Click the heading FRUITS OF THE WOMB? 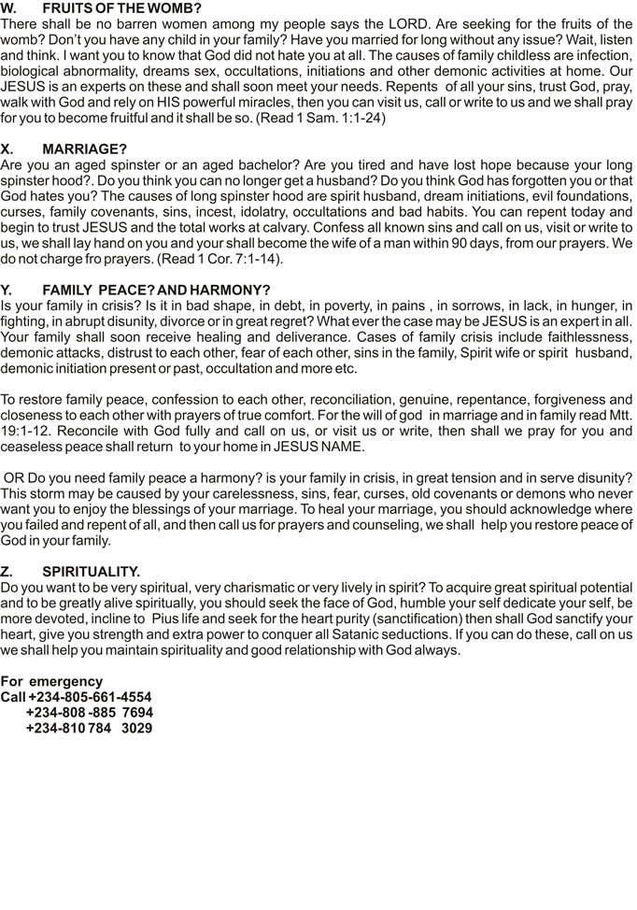pos(121,8)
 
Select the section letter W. pos(9,8)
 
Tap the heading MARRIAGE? pos(84,149)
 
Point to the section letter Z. pos(7,571)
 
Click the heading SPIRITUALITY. pos(91,571)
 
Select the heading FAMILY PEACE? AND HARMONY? pos(156,291)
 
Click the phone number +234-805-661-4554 pos(90,697)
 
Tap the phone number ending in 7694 pos(90,712)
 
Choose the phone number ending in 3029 pos(90,727)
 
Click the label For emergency pos(51,682)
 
